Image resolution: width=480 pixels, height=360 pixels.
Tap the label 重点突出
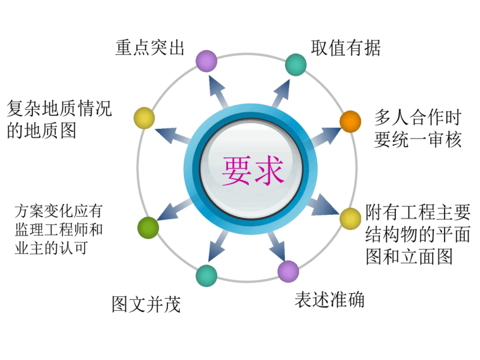point(150,48)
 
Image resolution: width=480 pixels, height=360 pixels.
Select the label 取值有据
point(345,48)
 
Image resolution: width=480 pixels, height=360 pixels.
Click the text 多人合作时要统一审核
point(417,128)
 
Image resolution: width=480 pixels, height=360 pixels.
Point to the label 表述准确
point(329,299)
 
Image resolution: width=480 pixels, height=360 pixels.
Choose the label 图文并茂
point(146,304)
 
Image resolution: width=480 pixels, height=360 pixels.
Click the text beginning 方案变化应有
point(58,229)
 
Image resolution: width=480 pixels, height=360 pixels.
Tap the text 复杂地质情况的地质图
point(59,120)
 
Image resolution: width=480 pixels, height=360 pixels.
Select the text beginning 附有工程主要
point(417,234)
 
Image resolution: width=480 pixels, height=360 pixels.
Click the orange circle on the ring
point(351,121)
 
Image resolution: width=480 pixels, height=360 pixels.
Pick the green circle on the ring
point(148,227)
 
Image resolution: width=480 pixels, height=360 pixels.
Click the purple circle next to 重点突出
point(206,61)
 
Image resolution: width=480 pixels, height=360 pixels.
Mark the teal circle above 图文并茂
point(206,275)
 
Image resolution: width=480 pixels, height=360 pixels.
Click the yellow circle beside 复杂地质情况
point(144,117)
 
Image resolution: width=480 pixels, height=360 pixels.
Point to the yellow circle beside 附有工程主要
point(351,219)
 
